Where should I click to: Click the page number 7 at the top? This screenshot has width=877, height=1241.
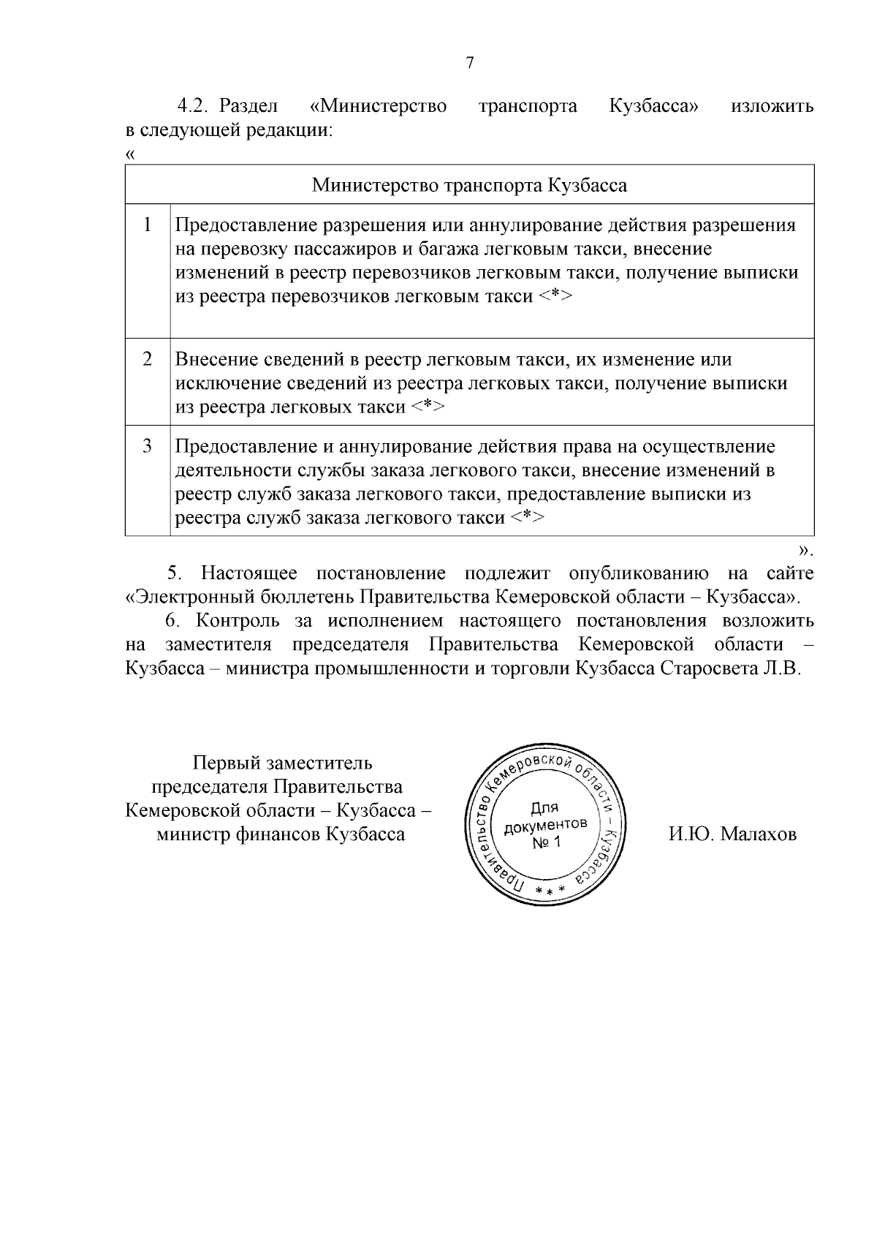470,63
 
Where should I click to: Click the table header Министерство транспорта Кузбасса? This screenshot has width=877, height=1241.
469,184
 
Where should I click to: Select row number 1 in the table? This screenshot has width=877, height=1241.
148,225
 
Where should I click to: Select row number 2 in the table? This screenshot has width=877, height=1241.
148,359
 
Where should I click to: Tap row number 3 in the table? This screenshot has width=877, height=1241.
148,445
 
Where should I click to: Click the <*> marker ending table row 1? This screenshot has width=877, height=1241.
556,297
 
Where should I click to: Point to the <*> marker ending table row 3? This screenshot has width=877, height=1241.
527,518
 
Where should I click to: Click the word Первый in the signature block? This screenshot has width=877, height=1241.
216,763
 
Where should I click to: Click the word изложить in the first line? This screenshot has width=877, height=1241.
772,106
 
